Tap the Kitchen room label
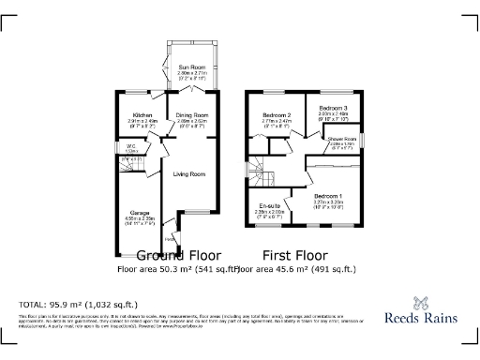point(142,116)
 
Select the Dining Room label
point(191,116)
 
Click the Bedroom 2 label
point(278,116)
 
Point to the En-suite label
point(271,206)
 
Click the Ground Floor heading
point(179,254)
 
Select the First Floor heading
point(294,254)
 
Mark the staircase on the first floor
point(257,169)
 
